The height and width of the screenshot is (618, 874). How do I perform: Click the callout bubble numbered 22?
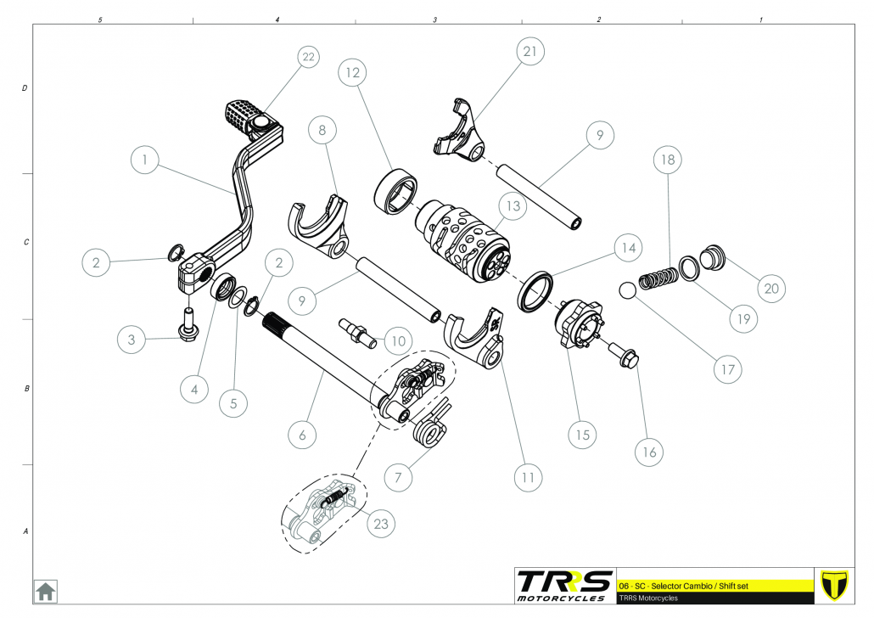tap(308, 57)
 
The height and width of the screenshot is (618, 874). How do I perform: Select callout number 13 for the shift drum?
tap(511, 205)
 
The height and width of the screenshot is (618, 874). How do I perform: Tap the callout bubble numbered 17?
tap(727, 369)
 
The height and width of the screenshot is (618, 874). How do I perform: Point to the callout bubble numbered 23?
tap(381, 524)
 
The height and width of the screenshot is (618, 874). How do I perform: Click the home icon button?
tap(45, 591)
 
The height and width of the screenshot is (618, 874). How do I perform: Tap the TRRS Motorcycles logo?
tap(564, 586)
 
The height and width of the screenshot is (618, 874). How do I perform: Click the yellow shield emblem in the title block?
tap(836, 585)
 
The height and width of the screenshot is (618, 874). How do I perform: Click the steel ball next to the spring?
tap(627, 290)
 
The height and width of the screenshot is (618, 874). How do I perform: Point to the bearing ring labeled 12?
tap(395, 188)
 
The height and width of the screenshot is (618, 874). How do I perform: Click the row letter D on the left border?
tap(25, 88)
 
